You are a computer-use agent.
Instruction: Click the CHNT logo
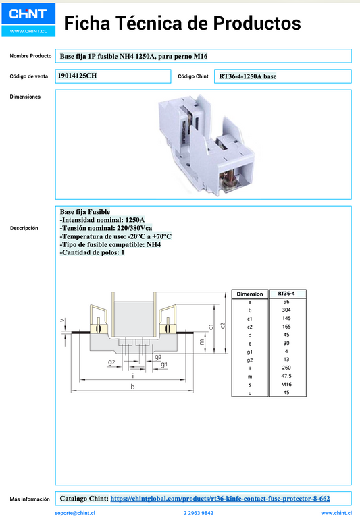(28, 20)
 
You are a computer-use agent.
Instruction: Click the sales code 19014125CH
(77, 76)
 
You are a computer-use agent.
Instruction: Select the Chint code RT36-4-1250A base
(248, 76)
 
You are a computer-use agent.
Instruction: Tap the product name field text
(134, 56)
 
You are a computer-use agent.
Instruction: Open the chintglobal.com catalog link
(220, 499)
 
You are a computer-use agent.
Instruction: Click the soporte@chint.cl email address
(75, 513)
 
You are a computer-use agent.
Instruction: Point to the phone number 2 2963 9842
(199, 513)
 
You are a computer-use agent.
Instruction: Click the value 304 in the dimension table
(286, 310)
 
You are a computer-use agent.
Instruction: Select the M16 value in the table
(286, 385)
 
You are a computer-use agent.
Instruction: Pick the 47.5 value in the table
(286, 376)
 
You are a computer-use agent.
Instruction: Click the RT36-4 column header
(286, 294)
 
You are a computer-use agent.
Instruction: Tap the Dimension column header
(250, 294)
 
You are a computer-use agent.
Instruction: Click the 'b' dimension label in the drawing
(132, 387)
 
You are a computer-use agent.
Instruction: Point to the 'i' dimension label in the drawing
(133, 375)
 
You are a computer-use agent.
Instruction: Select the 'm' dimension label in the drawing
(202, 341)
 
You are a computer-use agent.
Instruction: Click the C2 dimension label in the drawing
(223, 325)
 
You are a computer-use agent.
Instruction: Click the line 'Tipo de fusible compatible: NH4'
(110, 244)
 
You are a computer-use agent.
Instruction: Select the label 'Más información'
(30, 499)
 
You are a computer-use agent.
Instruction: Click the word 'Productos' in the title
(257, 23)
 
